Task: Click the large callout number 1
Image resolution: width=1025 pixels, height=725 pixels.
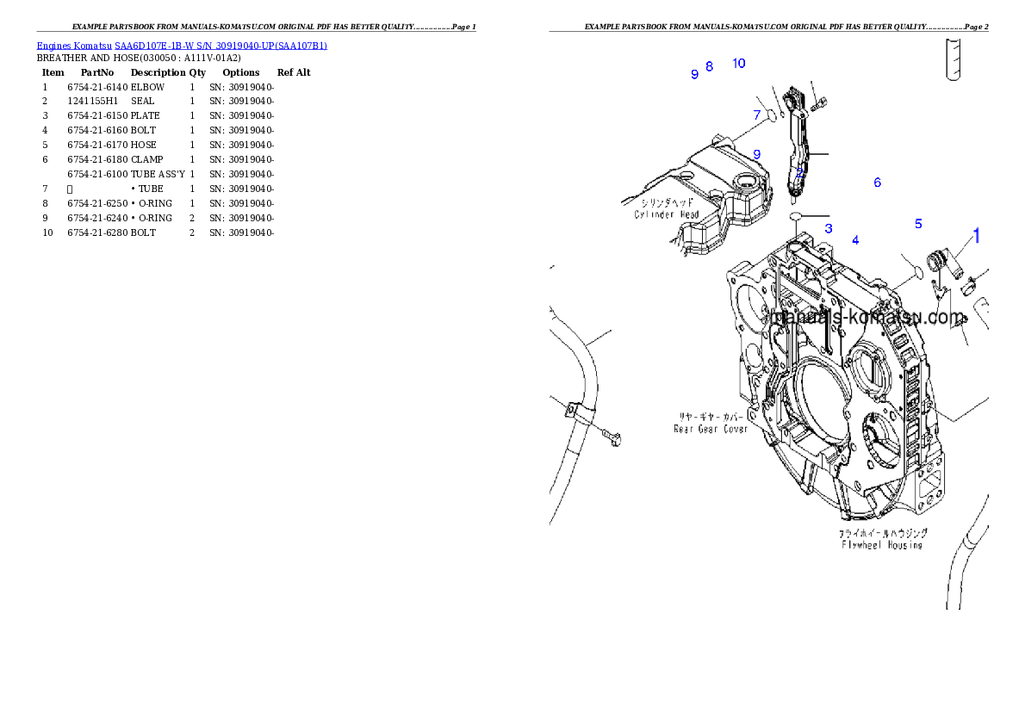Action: point(977,235)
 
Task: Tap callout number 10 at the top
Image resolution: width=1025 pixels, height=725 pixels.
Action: point(738,63)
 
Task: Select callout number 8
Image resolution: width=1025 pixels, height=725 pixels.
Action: point(709,66)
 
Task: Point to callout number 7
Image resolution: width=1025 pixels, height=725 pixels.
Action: point(757,115)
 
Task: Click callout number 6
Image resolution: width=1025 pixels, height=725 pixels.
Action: point(877,183)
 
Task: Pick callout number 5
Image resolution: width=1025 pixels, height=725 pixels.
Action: point(918,224)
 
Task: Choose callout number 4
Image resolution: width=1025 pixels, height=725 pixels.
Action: point(855,240)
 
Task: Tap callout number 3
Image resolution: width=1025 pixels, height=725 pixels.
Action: point(829,229)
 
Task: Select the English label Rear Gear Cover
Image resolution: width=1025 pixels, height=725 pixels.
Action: point(711,428)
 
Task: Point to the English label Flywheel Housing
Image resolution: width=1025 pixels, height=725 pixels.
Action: point(881,544)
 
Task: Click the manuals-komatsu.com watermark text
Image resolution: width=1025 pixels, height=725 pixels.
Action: point(869,318)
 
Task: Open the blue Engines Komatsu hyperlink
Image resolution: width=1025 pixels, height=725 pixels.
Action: point(182,45)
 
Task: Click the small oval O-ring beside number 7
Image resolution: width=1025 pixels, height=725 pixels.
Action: point(773,115)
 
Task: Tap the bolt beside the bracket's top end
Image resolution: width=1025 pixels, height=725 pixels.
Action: point(820,103)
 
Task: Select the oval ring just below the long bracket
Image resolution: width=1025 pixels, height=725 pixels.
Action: point(797,215)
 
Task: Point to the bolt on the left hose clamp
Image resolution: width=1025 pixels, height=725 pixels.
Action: point(613,438)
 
